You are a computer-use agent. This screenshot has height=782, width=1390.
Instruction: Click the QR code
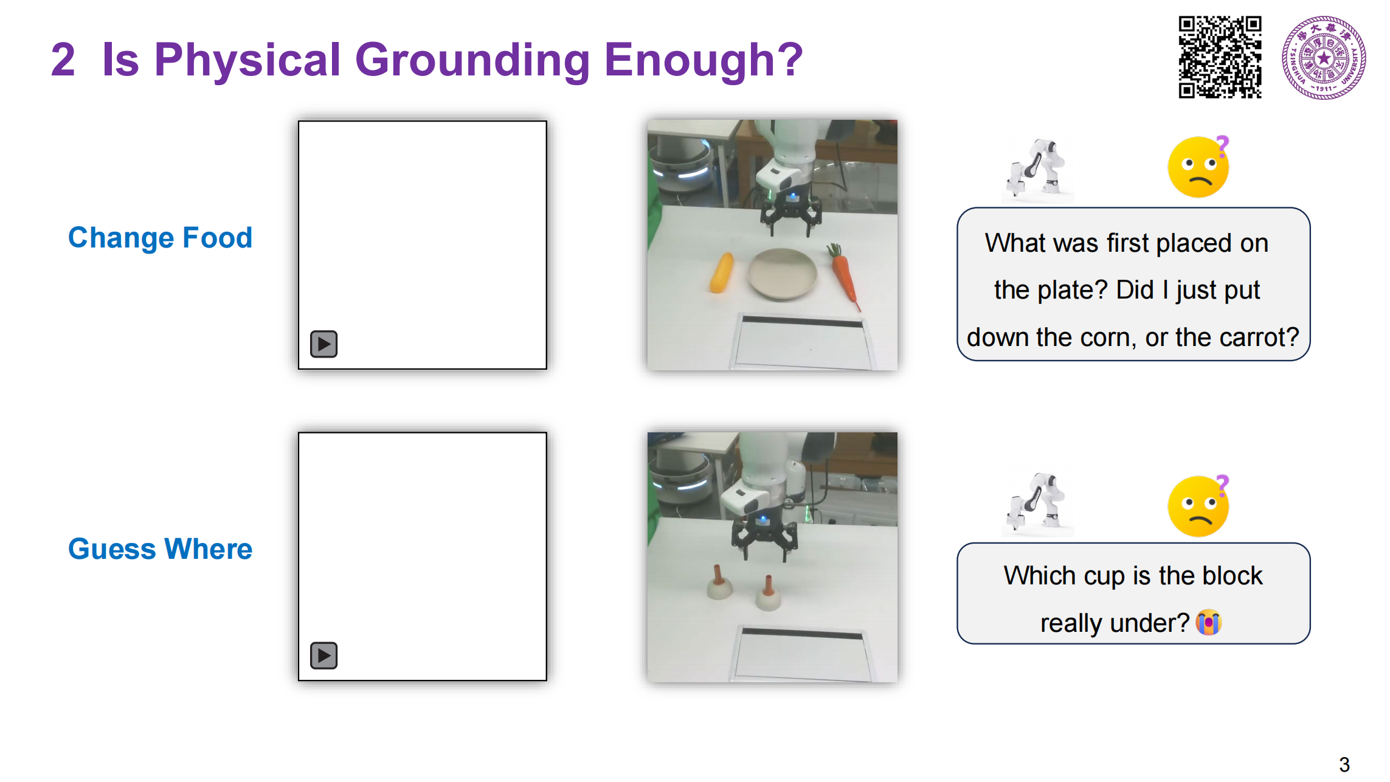tap(1220, 57)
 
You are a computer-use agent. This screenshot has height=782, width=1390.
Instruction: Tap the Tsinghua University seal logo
tap(1324, 58)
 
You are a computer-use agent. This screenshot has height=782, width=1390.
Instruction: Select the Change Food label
tap(160, 237)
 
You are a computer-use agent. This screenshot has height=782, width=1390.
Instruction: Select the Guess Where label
tap(160, 548)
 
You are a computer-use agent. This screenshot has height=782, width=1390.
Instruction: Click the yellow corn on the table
tap(722, 272)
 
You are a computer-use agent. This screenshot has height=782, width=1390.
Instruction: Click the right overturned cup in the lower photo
tap(768, 593)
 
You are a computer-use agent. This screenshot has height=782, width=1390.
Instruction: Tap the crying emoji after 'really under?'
tap(1208, 622)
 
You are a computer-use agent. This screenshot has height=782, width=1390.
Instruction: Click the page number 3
tap(1344, 764)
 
